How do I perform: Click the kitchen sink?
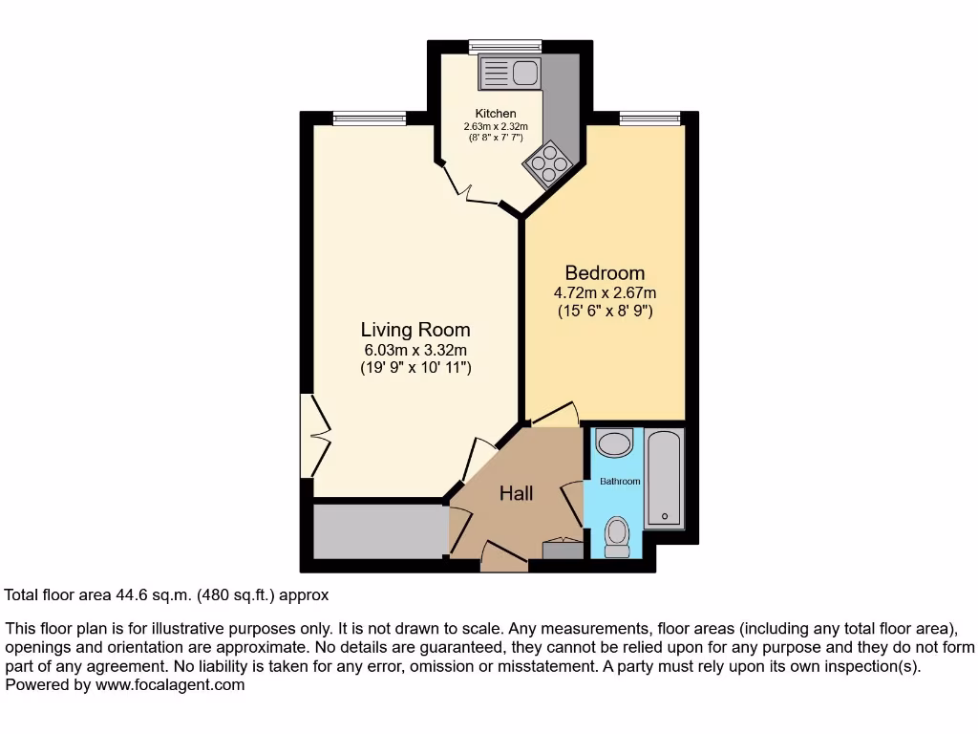(x=510, y=72)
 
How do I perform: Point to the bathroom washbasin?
(x=613, y=443)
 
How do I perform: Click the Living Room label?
(x=415, y=330)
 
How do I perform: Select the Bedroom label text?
(x=605, y=272)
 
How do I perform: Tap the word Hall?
(x=517, y=493)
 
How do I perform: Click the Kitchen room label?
(x=496, y=114)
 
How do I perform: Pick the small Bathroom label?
(x=620, y=482)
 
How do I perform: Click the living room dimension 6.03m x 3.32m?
(x=415, y=350)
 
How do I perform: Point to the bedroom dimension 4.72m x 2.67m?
(x=605, y=293)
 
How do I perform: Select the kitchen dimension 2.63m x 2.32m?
(x=496, y=126)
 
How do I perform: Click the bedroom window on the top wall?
(x=649, y=119)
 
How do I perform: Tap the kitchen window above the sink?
(x=505, y=46)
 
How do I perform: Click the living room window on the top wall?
(x=370, y=119)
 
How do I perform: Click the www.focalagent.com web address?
(x=170, y=684)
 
